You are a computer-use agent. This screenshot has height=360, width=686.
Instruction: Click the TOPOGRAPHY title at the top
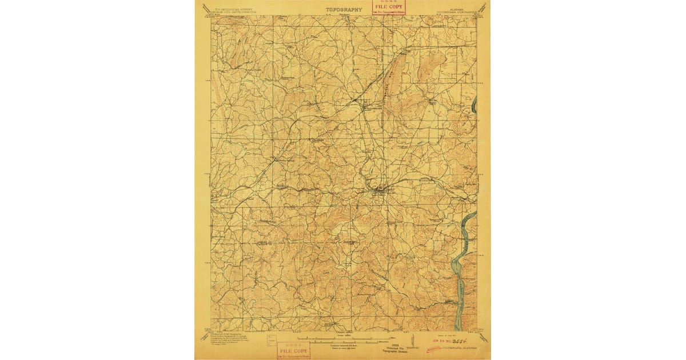pos(344,10)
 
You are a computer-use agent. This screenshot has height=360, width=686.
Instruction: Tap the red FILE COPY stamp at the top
pos(389,8)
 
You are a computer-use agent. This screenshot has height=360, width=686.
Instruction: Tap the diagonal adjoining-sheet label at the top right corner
pos(483,8)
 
